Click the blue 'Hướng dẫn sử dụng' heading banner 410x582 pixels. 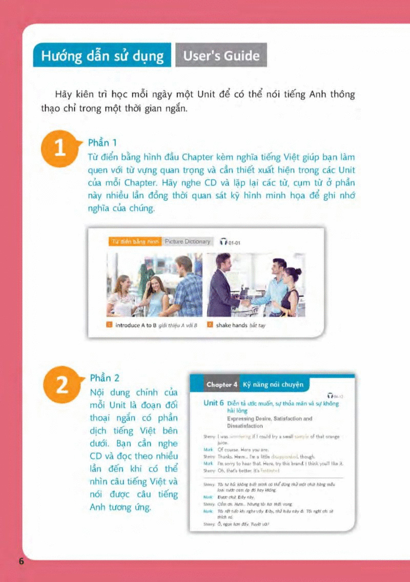[x=102, y=55]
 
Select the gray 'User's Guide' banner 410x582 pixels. [x=221, y=55]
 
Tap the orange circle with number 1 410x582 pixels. [x=60, y=149]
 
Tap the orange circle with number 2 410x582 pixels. [x=61, y=385]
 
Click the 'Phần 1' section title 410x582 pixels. [x=103, y=142]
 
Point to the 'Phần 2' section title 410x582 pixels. [x=105, y=378]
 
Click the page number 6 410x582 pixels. [x=22, y=561]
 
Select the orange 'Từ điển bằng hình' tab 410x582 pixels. [x=135, y=241]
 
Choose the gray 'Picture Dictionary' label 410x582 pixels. [x=188, y=241]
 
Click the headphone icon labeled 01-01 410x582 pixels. [x=223, y=242]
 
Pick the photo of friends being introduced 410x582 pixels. [x=154, y=285]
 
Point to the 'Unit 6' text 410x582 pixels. [x=214, y=403]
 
